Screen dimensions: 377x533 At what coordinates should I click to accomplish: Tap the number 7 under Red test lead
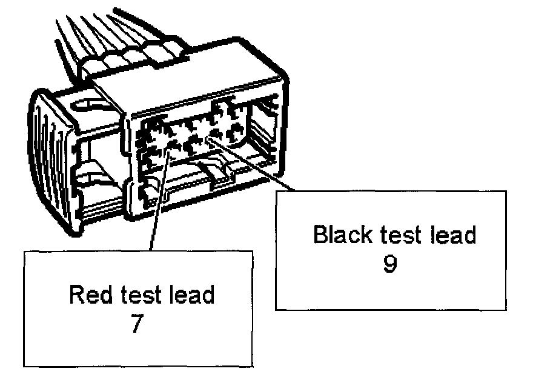(137, 324)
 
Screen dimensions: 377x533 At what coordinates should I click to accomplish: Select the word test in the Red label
(141, 295)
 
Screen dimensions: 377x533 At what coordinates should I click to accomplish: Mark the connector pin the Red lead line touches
(172, 146)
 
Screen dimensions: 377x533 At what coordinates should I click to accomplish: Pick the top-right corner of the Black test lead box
(505, 192)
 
